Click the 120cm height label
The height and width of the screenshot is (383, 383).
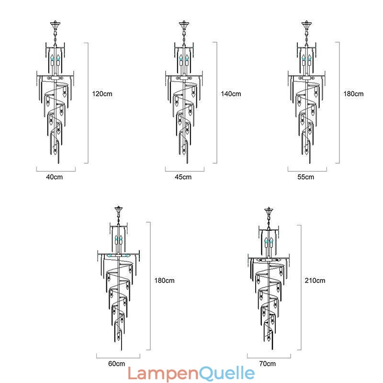coord(102,94)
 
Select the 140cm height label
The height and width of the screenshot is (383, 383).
coord(231,94)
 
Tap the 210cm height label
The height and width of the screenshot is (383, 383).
coord(315,281)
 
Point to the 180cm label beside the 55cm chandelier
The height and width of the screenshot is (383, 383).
coord(353,94)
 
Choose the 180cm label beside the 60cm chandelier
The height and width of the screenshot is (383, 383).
coord(164,281)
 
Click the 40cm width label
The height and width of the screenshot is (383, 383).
coord(55,177)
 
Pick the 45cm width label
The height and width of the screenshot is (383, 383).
coord(183,177)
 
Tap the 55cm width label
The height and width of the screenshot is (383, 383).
coord(306,177)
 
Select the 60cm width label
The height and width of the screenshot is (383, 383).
coord(116,363)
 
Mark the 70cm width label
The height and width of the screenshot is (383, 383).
coord(268,363)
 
